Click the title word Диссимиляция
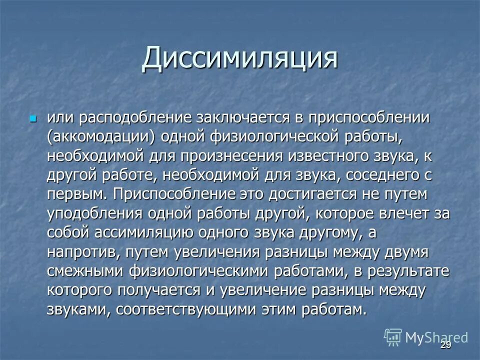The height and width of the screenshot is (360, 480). (x=239, y=58)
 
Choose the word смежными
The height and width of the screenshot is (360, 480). (x=85, y=271)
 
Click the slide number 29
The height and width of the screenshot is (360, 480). (x=445, y=346)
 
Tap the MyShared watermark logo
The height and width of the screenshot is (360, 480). (x=425, y=337)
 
